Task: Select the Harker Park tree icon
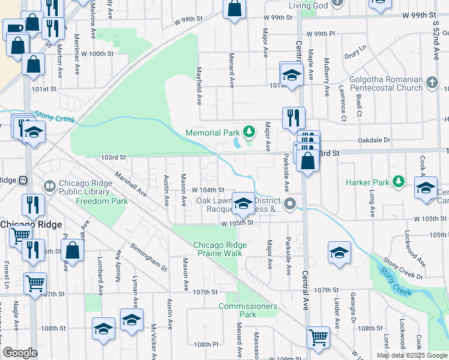pyautogui.click(x=398, y=181)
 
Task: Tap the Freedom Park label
pyautogui.click(x=101, y=201)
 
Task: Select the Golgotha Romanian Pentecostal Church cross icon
pyautogui.click(x=431, y=81)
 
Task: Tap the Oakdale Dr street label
pyautogui.click(x=374, y=140)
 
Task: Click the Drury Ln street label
pyautogui.click(x=355, y=52)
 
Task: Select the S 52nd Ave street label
pyautogui.click(x=436, y=40)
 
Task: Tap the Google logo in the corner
pyautogui.click(x=20, y=353)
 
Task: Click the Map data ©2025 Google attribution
pyautogui.click(x=412, y=355)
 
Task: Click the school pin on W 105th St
pyautogui.click(x=243, y=203)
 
